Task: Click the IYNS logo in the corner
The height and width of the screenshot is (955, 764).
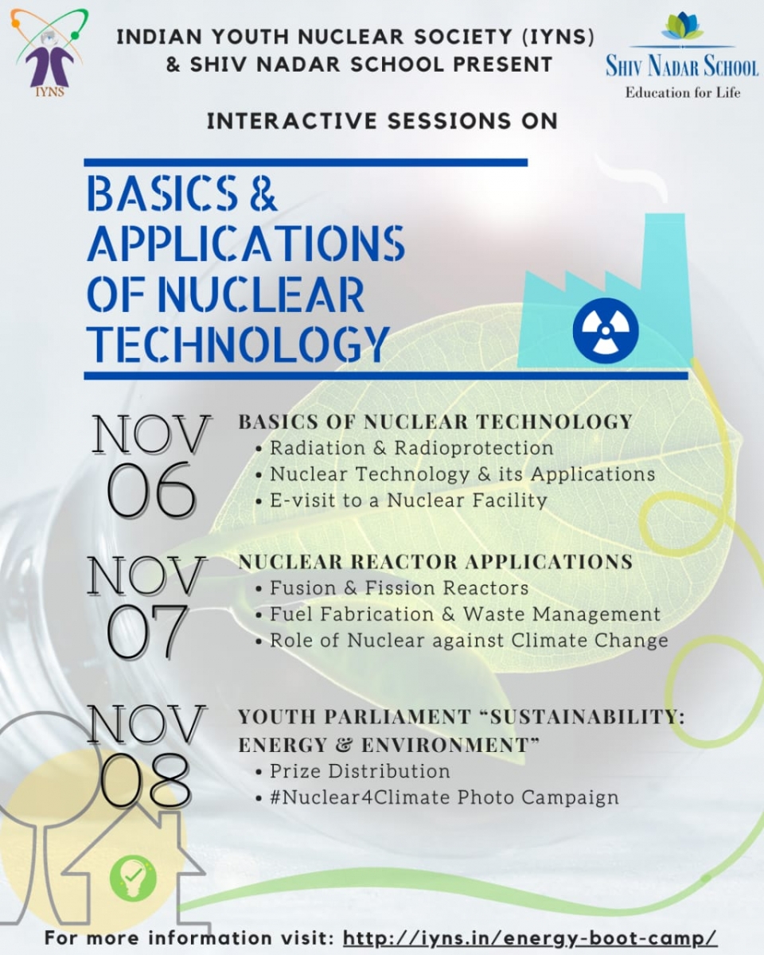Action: tap(48, 53)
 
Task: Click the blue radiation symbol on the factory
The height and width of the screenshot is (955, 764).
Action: tap(606, 330)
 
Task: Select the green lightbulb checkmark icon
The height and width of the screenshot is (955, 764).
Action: tap(133, 878)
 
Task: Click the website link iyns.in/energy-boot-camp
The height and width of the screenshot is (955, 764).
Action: tap(531, 937)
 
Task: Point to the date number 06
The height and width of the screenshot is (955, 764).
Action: tap(151, 490)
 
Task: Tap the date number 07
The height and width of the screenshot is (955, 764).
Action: tap(146, 631)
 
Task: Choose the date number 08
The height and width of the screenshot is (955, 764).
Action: tap(146, 780)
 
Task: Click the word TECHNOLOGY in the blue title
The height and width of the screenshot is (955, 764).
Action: tap(239, 344)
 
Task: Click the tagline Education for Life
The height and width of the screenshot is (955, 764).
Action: tap(683, 92)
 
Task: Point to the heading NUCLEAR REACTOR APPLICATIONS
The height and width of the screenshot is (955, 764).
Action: tap(435, 562)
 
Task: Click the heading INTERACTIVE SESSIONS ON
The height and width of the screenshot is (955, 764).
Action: tap(382, 121)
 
